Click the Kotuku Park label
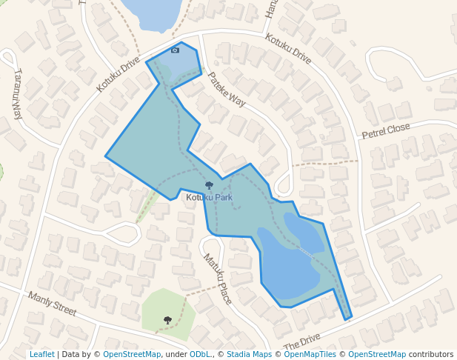pyautogui.click(x=209, y=198)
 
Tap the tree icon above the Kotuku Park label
pyautogui.click(x=209, y=186)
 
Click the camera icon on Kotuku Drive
pyautogui.click(x=175, y=50)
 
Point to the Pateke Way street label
pyautogui.click(x=226, y=89)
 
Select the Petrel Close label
pyautogui.click(x=385, y=131)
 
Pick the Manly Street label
pyautogui.click(x=52, y=304)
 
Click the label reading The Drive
pyautogui.click(x=301, y=342)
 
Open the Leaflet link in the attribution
pyautogui.click(x=42, y=354)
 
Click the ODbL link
pyautogui.click(x=199, y=354)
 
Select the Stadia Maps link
pyautogui.click(x=249, y=354)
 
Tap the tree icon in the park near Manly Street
pyautogui.click(x=167, y=320)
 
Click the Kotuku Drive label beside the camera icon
pyautogui.click(x=118, y=76)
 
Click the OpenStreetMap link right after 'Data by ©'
pyautogui.click(x=131, y=354)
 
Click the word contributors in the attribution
pyautogui.click(x=431, y=354)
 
